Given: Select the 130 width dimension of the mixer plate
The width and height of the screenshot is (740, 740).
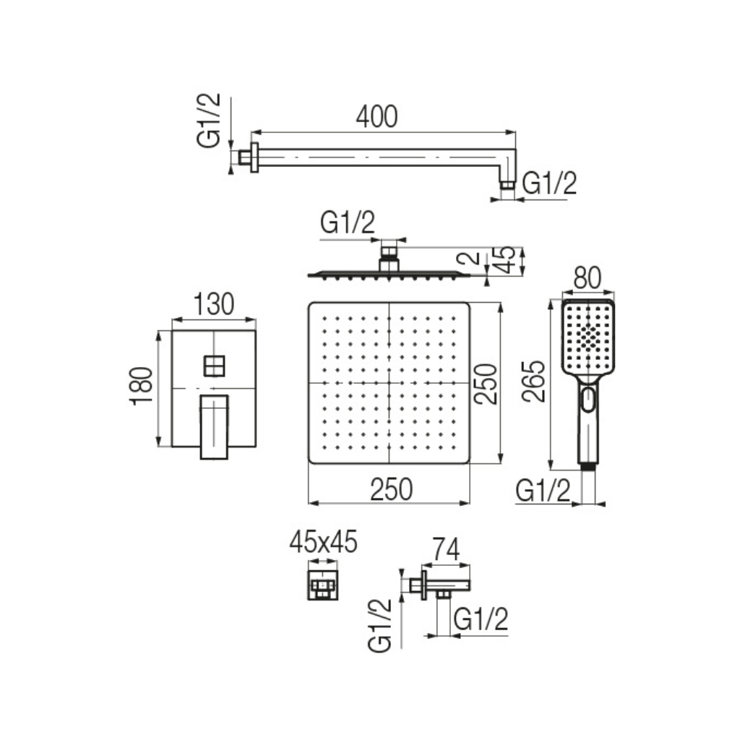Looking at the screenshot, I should click(215, 305).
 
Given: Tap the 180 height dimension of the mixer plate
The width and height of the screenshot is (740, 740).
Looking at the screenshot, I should click(143, 387).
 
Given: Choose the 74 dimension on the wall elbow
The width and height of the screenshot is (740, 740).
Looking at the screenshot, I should click(447, 551).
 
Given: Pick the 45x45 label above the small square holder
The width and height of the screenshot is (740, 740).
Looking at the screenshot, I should click(323, 542).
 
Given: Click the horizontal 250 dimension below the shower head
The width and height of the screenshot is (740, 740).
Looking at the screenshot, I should click(391, 490).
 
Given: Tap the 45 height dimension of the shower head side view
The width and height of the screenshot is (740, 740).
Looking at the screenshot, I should click(508, 260).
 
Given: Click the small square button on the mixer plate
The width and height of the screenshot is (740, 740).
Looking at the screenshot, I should click(215, 366).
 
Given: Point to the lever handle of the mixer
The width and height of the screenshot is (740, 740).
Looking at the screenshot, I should click(214, 426).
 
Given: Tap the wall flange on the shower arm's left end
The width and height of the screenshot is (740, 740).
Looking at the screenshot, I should click(254, 158).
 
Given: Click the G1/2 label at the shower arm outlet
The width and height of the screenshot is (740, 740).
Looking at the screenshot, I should click(549, 184).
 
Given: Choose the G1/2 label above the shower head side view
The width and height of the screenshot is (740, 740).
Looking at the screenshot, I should click(348, 224).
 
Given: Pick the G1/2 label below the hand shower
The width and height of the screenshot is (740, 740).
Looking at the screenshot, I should click(543, 491).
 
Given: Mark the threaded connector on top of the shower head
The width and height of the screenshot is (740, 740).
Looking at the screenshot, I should click(390, 252).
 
